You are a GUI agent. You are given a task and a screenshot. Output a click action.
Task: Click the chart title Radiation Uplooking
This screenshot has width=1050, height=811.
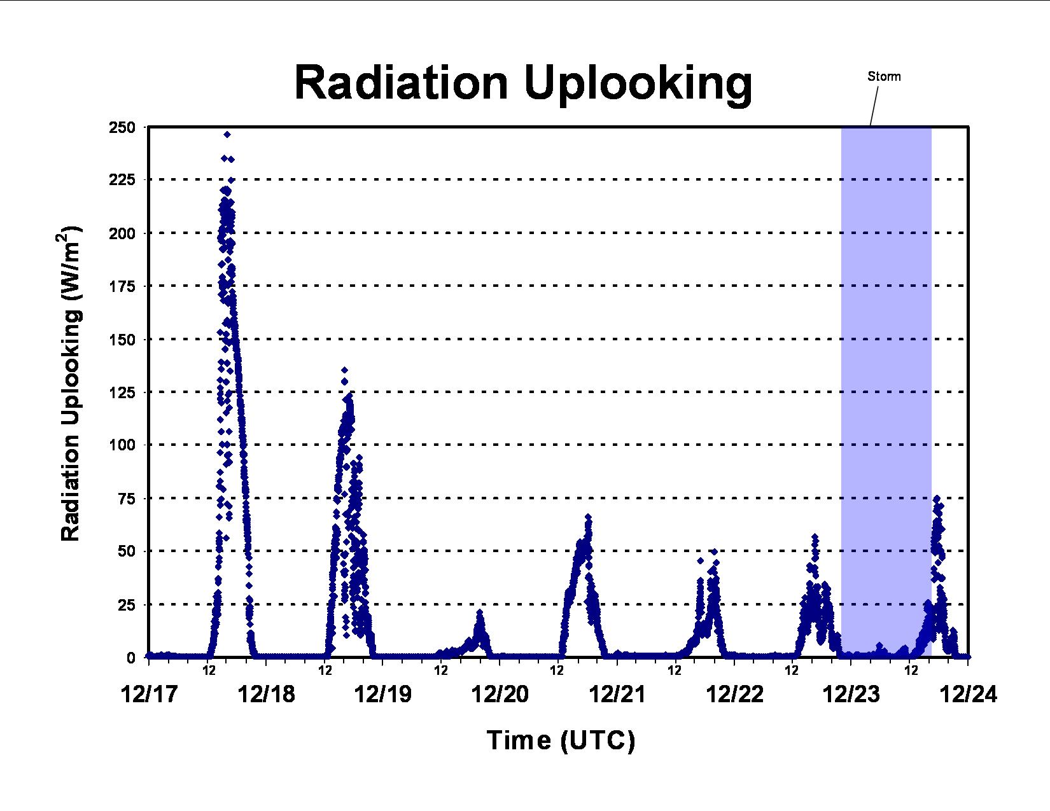(523, 84)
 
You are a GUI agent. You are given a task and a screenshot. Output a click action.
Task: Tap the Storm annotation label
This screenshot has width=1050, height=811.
(884, 76)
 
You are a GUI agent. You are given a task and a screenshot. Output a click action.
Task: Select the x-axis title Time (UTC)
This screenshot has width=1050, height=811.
(561, 740)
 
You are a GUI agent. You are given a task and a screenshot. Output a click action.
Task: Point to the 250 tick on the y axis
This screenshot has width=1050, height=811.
(122, 127)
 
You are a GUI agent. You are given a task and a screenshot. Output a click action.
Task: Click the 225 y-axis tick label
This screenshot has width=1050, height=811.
(122, 180)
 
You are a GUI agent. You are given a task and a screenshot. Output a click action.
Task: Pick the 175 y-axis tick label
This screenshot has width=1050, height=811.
(122, 286)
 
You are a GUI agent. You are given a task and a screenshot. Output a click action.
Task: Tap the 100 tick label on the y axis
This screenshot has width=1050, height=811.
(122, 445)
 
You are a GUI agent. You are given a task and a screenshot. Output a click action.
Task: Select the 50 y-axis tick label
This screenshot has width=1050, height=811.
(127, 551)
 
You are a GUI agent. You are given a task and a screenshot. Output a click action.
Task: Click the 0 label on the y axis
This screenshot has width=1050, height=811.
(131, 658)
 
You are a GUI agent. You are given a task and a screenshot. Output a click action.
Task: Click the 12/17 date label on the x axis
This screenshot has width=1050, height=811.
(150, 695)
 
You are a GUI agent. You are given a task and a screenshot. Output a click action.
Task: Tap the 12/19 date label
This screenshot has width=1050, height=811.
(383, 695)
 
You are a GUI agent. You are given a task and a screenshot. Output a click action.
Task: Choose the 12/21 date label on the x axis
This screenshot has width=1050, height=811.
(617, 695)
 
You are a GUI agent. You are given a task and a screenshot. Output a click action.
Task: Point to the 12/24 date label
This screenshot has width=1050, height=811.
(968, 695)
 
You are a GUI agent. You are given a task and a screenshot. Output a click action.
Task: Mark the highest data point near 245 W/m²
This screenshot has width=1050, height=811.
(227, 135)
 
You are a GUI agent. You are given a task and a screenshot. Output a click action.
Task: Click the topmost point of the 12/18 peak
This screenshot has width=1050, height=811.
(344, 370)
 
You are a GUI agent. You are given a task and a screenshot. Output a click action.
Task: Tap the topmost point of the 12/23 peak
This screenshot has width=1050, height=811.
(937, 498)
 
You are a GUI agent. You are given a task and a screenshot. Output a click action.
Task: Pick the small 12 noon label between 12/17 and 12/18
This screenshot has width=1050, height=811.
(209, 670)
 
